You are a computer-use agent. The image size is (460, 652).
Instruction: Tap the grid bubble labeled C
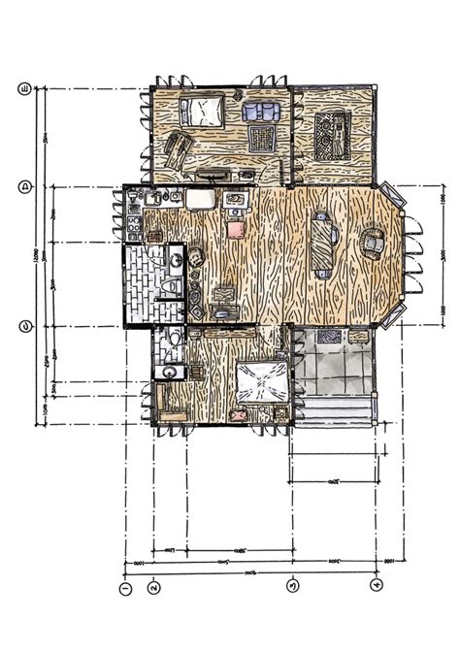tap(25, 326)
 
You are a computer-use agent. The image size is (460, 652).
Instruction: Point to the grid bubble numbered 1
tap(124, 588)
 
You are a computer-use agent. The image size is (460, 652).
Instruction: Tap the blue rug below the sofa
tap(261, 136)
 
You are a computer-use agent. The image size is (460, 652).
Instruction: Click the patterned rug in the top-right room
tap(332, 136)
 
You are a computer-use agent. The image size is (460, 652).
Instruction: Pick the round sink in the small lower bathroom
tap(169, 372)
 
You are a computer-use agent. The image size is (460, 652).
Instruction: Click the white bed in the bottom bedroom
tap(260, 384)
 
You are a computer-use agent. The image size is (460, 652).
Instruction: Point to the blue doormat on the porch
tap(327, 337)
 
